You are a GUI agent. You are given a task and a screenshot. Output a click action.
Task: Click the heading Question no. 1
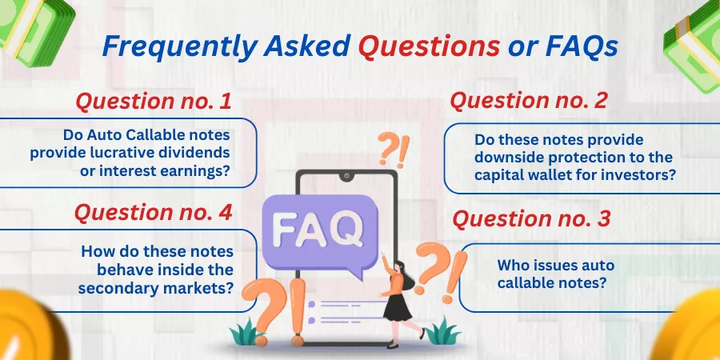[154, 102]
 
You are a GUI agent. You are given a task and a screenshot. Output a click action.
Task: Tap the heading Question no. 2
[529, 101]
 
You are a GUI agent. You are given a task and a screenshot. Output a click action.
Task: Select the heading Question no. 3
[531, 218]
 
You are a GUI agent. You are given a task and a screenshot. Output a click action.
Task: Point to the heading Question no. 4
[154, 213]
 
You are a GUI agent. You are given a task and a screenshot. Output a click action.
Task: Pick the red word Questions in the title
[429, 46]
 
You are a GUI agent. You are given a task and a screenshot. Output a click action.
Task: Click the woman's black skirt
[397, 307]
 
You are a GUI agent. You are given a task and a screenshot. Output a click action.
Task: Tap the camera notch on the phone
[346, 175]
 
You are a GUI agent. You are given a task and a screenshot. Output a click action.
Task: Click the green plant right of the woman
[442, 331]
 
